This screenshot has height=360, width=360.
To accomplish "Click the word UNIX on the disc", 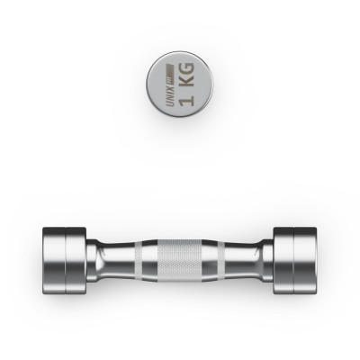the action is pos(170,95).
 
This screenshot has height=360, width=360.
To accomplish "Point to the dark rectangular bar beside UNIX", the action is pos(170,74).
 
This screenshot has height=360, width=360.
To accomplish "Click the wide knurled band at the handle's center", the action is pos(180,260).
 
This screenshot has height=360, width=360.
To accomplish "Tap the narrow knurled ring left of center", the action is pos(138,260).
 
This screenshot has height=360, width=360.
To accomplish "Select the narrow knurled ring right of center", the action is pos(221,260).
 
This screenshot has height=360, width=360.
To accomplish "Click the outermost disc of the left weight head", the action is pos(54,260).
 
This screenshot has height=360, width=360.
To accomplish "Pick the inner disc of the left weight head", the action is pos(76,260).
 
